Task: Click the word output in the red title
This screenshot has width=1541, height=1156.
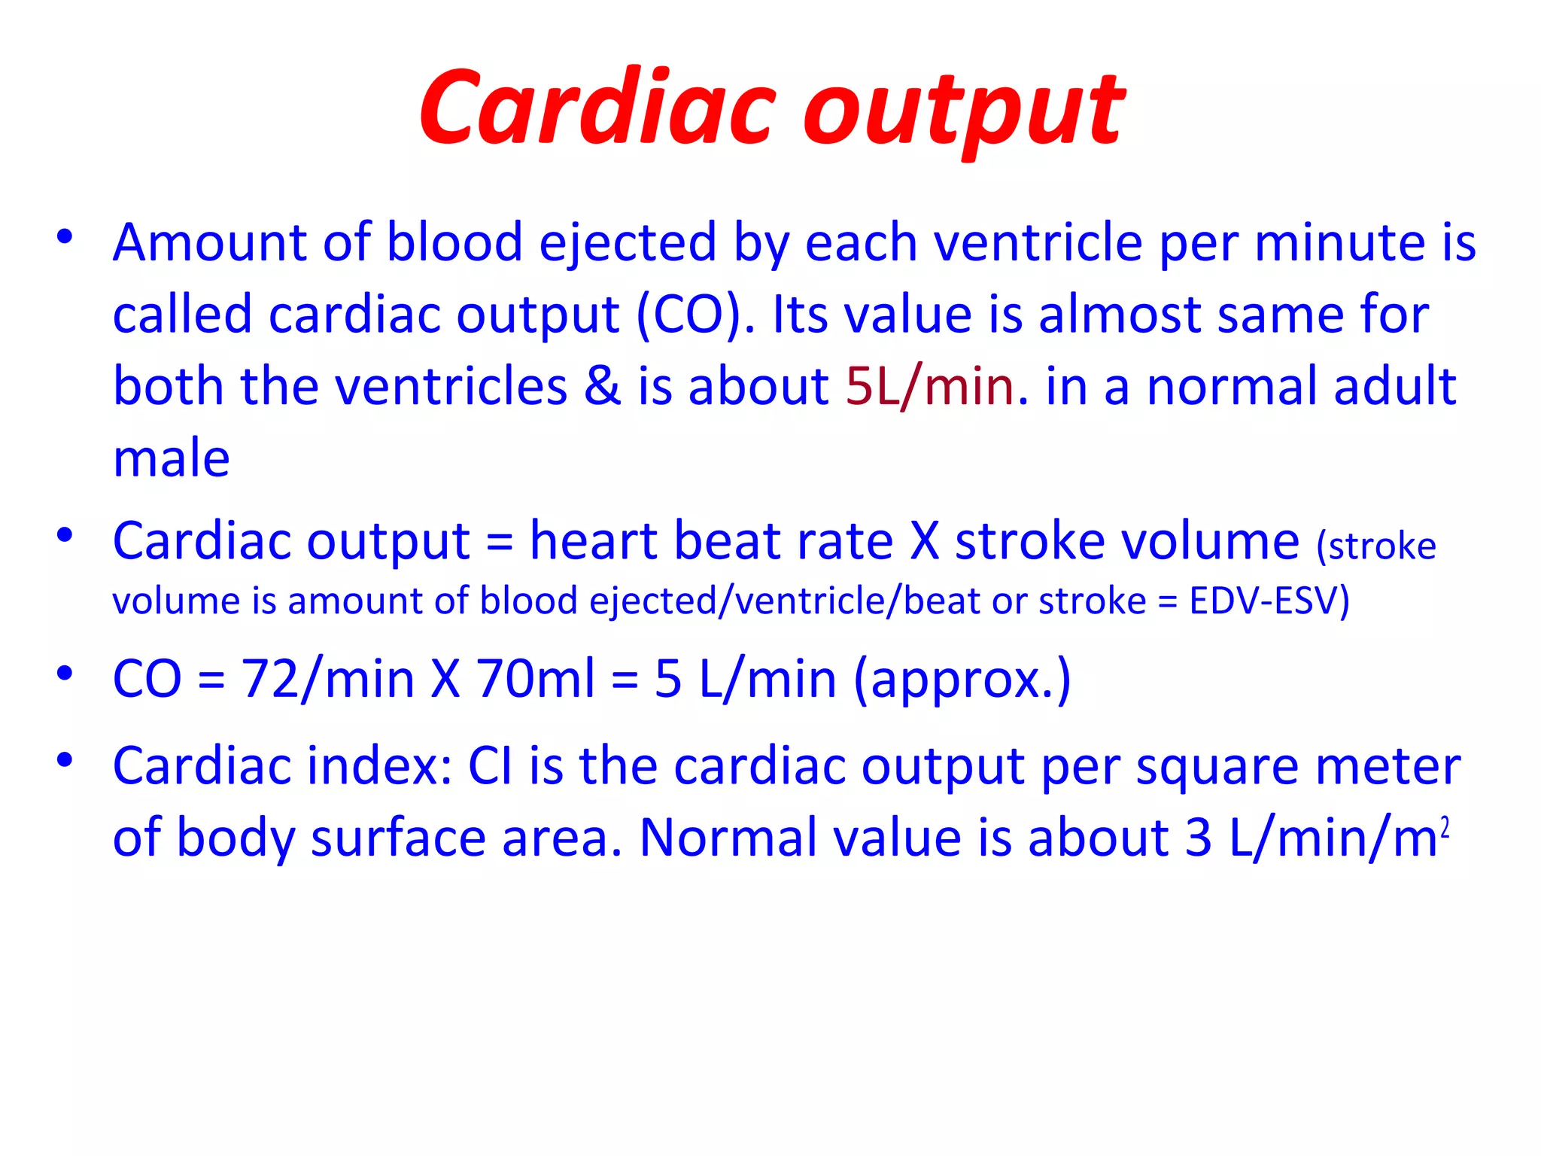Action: pos(965,113)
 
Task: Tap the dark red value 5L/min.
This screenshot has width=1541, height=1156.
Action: pos(930,386)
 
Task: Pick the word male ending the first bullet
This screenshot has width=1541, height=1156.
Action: pos(172,458)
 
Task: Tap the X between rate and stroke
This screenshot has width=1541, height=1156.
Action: pos(925,541)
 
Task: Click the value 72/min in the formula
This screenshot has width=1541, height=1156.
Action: pos(327,679)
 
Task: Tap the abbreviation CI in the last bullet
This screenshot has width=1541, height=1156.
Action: pos(490,767)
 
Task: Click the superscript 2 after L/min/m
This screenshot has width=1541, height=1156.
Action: pos(1444,827)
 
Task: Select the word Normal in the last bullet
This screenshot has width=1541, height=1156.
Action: pos(727,838)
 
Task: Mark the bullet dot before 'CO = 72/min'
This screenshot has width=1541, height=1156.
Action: pos(65,672)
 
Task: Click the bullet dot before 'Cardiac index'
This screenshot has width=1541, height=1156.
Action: pos(65,759)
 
